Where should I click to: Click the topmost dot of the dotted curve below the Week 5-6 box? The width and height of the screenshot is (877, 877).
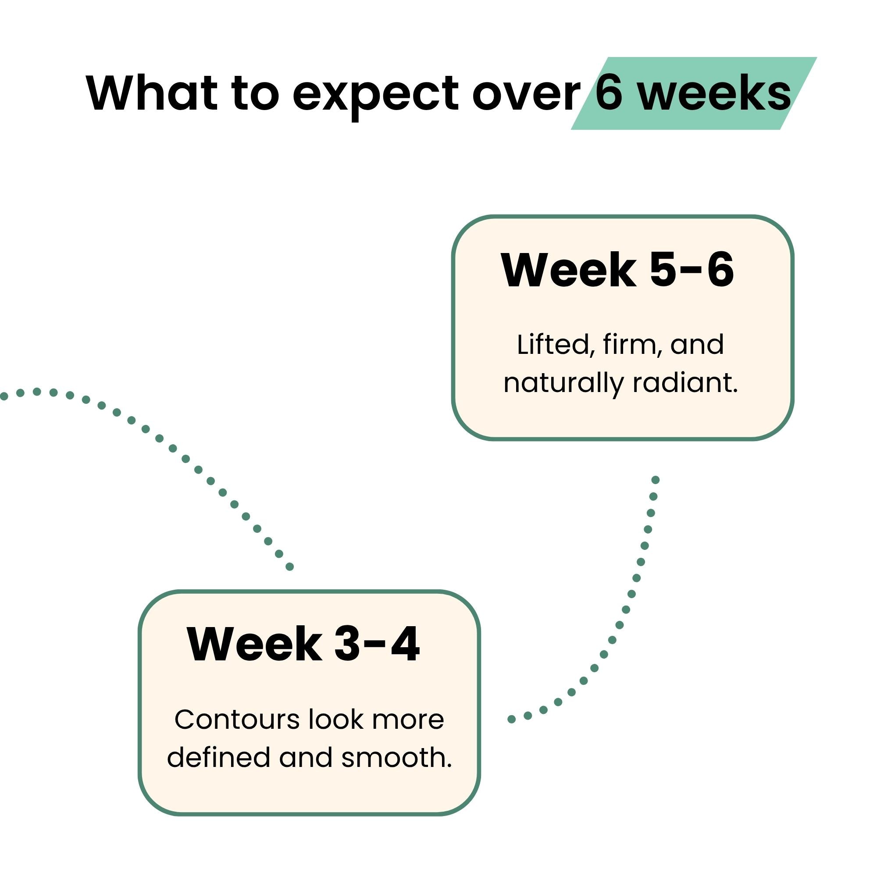tap(656, 480)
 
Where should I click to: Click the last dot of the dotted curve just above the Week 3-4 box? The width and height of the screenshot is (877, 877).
tap(289, 567)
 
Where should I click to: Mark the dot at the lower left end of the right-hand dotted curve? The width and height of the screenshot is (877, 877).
tap(511, 719)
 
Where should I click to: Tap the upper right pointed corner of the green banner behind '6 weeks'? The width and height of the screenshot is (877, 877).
tap(816, 57)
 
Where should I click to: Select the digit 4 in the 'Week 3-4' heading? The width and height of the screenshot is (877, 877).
tap(405, 645)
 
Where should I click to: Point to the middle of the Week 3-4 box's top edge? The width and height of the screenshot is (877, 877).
tap(309, 592)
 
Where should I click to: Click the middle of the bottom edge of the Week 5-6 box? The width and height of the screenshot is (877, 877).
tap(623, 439)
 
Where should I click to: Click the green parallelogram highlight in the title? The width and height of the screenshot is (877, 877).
tap(694, 93)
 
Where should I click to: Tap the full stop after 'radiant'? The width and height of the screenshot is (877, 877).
tap(735, 391)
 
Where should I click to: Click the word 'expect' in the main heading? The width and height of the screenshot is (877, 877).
tap(375, 95)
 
